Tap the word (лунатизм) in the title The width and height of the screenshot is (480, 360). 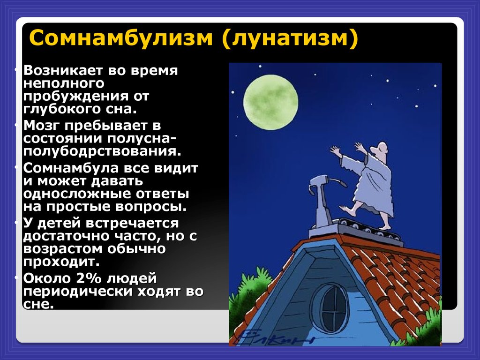(x=290, y=38)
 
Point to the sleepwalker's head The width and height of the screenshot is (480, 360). (x=380, y=150)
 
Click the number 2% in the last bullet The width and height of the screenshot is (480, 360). (x=89, y=278)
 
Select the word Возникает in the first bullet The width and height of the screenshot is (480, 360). (x=63, y=70)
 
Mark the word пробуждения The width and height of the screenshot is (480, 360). (x=76, y=97)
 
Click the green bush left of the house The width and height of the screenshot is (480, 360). (x=248, y=291)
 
